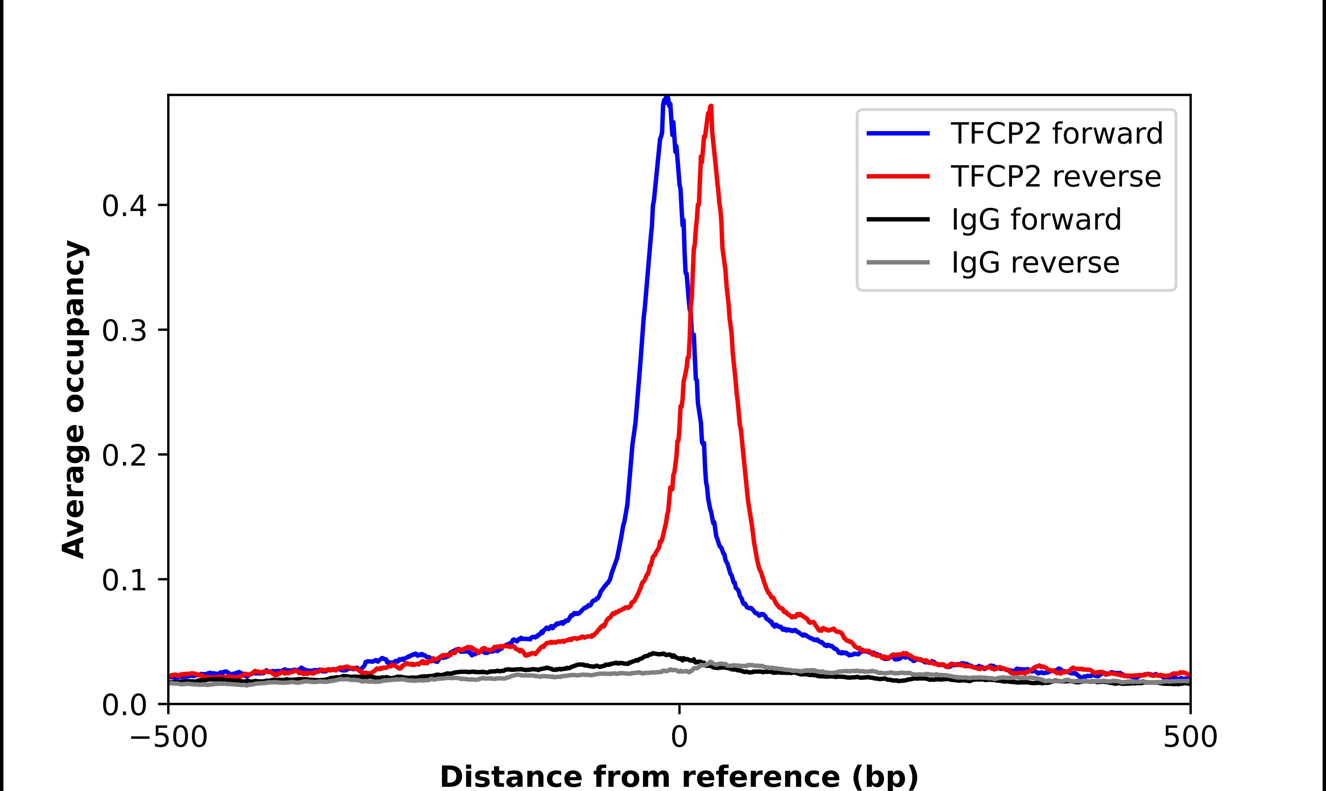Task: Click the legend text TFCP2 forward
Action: [1056, 133]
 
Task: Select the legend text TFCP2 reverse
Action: [1055, 177]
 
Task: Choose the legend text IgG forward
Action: [1036, 220]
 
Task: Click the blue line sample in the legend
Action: [899, 133]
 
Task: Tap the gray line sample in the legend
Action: [899, 262]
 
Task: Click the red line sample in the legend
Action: [899, 176]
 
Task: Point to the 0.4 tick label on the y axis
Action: [124, 206]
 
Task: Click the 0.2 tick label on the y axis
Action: [124, 456]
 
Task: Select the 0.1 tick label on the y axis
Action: [124, 580]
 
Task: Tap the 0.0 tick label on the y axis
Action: [124, 705]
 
